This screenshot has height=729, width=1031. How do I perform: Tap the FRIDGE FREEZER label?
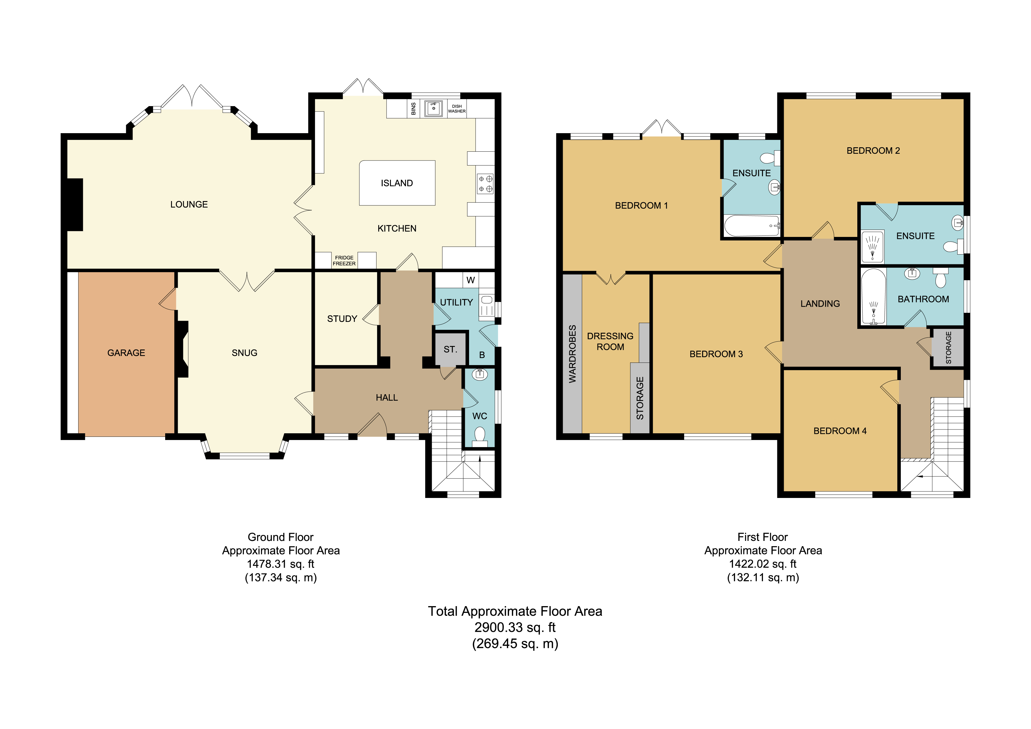(x=344, y=260)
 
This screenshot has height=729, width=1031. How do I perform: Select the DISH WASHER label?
(x=457, y=109)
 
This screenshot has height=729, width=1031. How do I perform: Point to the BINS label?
(x=414, y=109)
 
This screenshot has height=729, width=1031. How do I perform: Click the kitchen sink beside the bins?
(x=433, y=108)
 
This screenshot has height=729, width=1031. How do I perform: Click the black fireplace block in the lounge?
(x=75, y=205)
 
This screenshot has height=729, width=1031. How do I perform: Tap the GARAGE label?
(x=126, y=353)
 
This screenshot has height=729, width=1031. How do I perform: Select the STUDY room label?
(x=342, y=319)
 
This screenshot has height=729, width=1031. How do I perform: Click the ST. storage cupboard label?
(x=450, y=350)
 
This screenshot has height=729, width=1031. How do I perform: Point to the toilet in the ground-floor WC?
(x=480, y=437)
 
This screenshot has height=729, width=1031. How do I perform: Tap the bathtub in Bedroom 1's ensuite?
(x=752, y=225)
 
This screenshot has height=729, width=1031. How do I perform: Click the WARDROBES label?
(x=573, y=354)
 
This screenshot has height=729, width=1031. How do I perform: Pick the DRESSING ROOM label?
(x=610, y=341)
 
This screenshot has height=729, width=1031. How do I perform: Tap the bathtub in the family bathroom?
(x=873, y=297)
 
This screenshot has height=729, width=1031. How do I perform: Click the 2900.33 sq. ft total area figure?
(x=515, y=628)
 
